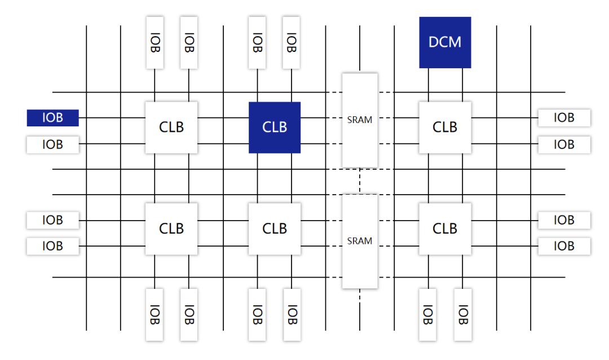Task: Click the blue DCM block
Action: tap(445, 42)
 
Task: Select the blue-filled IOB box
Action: tap(52, 118)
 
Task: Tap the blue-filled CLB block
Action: tap(275, 128)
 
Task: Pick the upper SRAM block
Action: tap(360, 120)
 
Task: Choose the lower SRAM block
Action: tap(360, 241)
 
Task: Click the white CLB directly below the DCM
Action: tap(444, 128)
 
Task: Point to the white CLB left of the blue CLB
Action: tap(171, 128)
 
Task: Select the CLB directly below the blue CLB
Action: tap(275, 229)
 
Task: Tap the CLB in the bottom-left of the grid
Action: tap(171, 229)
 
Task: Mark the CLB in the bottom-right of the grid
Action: tap(444, 229)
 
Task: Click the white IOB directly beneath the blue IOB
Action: tap(52, 144)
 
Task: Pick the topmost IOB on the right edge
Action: tap(564, 118)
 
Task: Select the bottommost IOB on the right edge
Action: tap(564, 246)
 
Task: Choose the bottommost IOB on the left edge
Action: tap(52, 246)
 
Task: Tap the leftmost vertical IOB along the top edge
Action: tap(155, 42)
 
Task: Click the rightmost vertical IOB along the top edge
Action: tap(291, 42)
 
